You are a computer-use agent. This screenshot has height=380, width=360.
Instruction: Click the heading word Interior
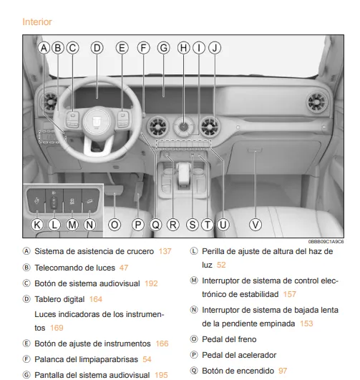37,21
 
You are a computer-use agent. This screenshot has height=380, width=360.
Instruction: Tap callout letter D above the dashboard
97,48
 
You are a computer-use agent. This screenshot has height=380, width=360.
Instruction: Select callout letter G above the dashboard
163,48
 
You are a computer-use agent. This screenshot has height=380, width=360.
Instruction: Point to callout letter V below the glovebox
256,224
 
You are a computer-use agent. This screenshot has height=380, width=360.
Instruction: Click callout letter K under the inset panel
37,224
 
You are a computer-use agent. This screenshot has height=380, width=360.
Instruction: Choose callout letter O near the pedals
114,224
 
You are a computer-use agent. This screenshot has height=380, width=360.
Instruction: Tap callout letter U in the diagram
223,224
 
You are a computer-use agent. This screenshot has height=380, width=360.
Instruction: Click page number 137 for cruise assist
164,251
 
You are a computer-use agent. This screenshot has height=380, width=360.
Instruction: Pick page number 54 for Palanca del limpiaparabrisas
146,357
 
